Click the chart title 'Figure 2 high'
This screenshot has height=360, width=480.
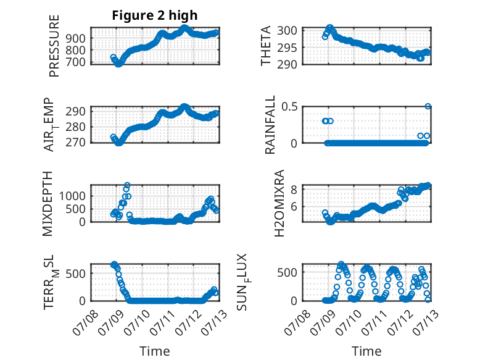click(155, 15)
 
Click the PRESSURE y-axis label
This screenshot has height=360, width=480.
click(54, 46)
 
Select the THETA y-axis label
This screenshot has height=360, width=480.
click(266, 46)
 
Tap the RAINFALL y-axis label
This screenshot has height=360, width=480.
click(270, 124)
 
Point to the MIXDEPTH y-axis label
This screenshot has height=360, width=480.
click(48, 204)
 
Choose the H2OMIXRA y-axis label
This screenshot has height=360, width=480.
click(279, 203)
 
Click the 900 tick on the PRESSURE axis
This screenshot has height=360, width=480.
click(75, 39)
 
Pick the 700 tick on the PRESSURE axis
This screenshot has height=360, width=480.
click(75, 62)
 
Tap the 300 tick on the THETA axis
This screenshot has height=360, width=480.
click(287, 30)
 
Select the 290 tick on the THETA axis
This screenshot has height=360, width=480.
click(287, 64)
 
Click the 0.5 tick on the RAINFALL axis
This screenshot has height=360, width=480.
click(289, 107)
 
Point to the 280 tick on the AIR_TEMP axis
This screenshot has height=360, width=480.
click(75, 127)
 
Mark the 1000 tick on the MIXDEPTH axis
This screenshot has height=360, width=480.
click(72, 196)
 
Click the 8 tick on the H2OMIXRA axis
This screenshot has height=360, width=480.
click(294, 190)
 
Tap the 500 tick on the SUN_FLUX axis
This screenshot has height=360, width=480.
click(287, 272)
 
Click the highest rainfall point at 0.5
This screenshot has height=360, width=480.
click(428, 106)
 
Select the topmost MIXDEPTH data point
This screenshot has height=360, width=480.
click(127, 185)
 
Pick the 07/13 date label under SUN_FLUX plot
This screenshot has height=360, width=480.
click(426, 322)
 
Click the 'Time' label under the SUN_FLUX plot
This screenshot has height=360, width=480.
click(366, 351)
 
